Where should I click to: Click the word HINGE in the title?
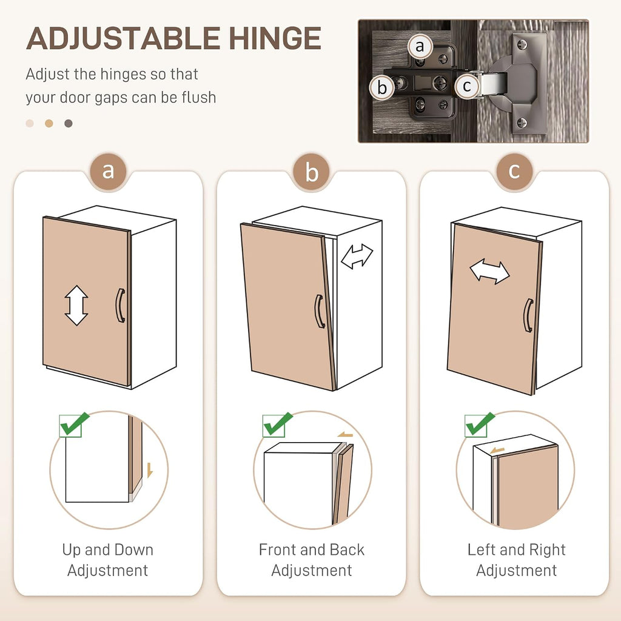pos(275,38)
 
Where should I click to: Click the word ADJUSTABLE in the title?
pos(123,38)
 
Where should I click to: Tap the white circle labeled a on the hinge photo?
pos(420,46)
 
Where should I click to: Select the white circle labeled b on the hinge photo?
pos(382,87)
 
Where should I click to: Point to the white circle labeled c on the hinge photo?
pos(467,86)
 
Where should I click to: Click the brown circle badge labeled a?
pos(108,172)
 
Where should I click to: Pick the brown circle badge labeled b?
pos(312,172)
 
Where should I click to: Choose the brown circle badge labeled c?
pos(514,172)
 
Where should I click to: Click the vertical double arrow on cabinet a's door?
pos(76,306)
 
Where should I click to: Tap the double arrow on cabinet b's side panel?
pos(357,256)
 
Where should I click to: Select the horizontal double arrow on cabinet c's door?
pos(489,271)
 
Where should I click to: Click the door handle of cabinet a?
pos(121,305)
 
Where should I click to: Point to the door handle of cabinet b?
pos(320,311)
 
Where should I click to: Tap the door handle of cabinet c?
pos(529,315)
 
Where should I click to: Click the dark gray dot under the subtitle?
pos(69,124)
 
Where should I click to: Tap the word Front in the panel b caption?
pos(277,549)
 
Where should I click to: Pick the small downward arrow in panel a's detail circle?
pos(150,470)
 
